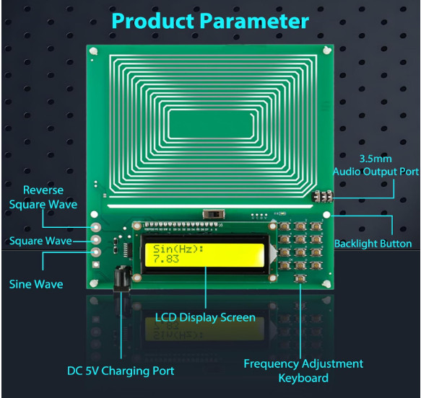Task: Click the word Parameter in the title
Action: coord(254,21)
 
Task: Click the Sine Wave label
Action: coord(36,284)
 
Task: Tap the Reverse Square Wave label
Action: coord(43,198)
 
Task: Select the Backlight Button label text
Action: coord(373,244)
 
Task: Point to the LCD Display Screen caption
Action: coord(205,317)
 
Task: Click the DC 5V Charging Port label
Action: coord(121,371)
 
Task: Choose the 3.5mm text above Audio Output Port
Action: coord(376,159)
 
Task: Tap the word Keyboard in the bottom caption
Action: coord(303,378)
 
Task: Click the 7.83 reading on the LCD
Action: coord(166,259)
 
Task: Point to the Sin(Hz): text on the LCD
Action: coord(178,249)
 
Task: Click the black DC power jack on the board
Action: coord(122,278)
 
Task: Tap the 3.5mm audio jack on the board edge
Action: coord(323,196)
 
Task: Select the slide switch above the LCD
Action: coord(214,214)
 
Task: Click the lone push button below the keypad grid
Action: coord(300,278)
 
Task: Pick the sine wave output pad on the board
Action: coord(96,252)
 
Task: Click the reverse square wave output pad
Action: coord(96,227)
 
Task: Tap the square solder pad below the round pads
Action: coord(96,265)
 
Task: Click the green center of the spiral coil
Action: coord(211,124)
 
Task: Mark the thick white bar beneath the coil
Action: coord(210,206)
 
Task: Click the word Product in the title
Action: coord(153,21)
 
